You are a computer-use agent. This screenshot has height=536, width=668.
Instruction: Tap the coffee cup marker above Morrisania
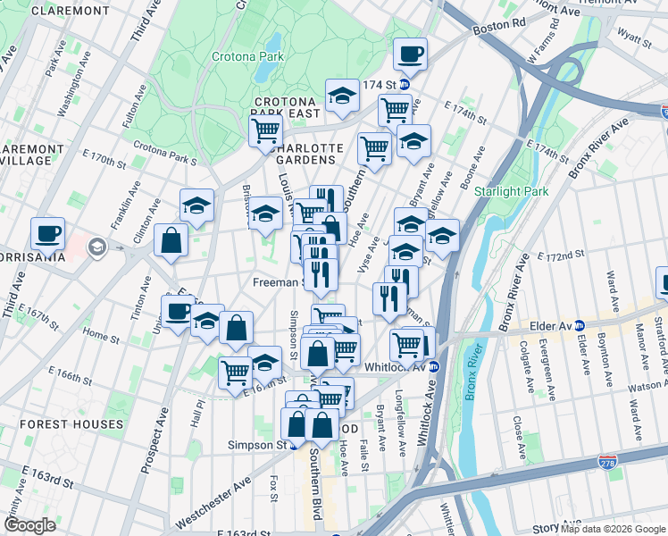(48, 235)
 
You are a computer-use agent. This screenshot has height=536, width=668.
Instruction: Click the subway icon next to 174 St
(404, 85)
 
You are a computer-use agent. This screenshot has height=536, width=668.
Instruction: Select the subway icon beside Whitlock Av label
(433, 366)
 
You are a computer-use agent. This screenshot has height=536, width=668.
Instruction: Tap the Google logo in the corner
(29, 525)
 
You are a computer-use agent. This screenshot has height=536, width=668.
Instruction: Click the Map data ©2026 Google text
(613, 529)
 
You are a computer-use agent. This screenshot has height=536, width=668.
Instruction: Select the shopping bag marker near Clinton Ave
(170, 239)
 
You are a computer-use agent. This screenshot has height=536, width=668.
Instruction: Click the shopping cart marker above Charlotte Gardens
(266, 130)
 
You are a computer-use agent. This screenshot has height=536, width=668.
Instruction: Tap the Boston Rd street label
(496, 28)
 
